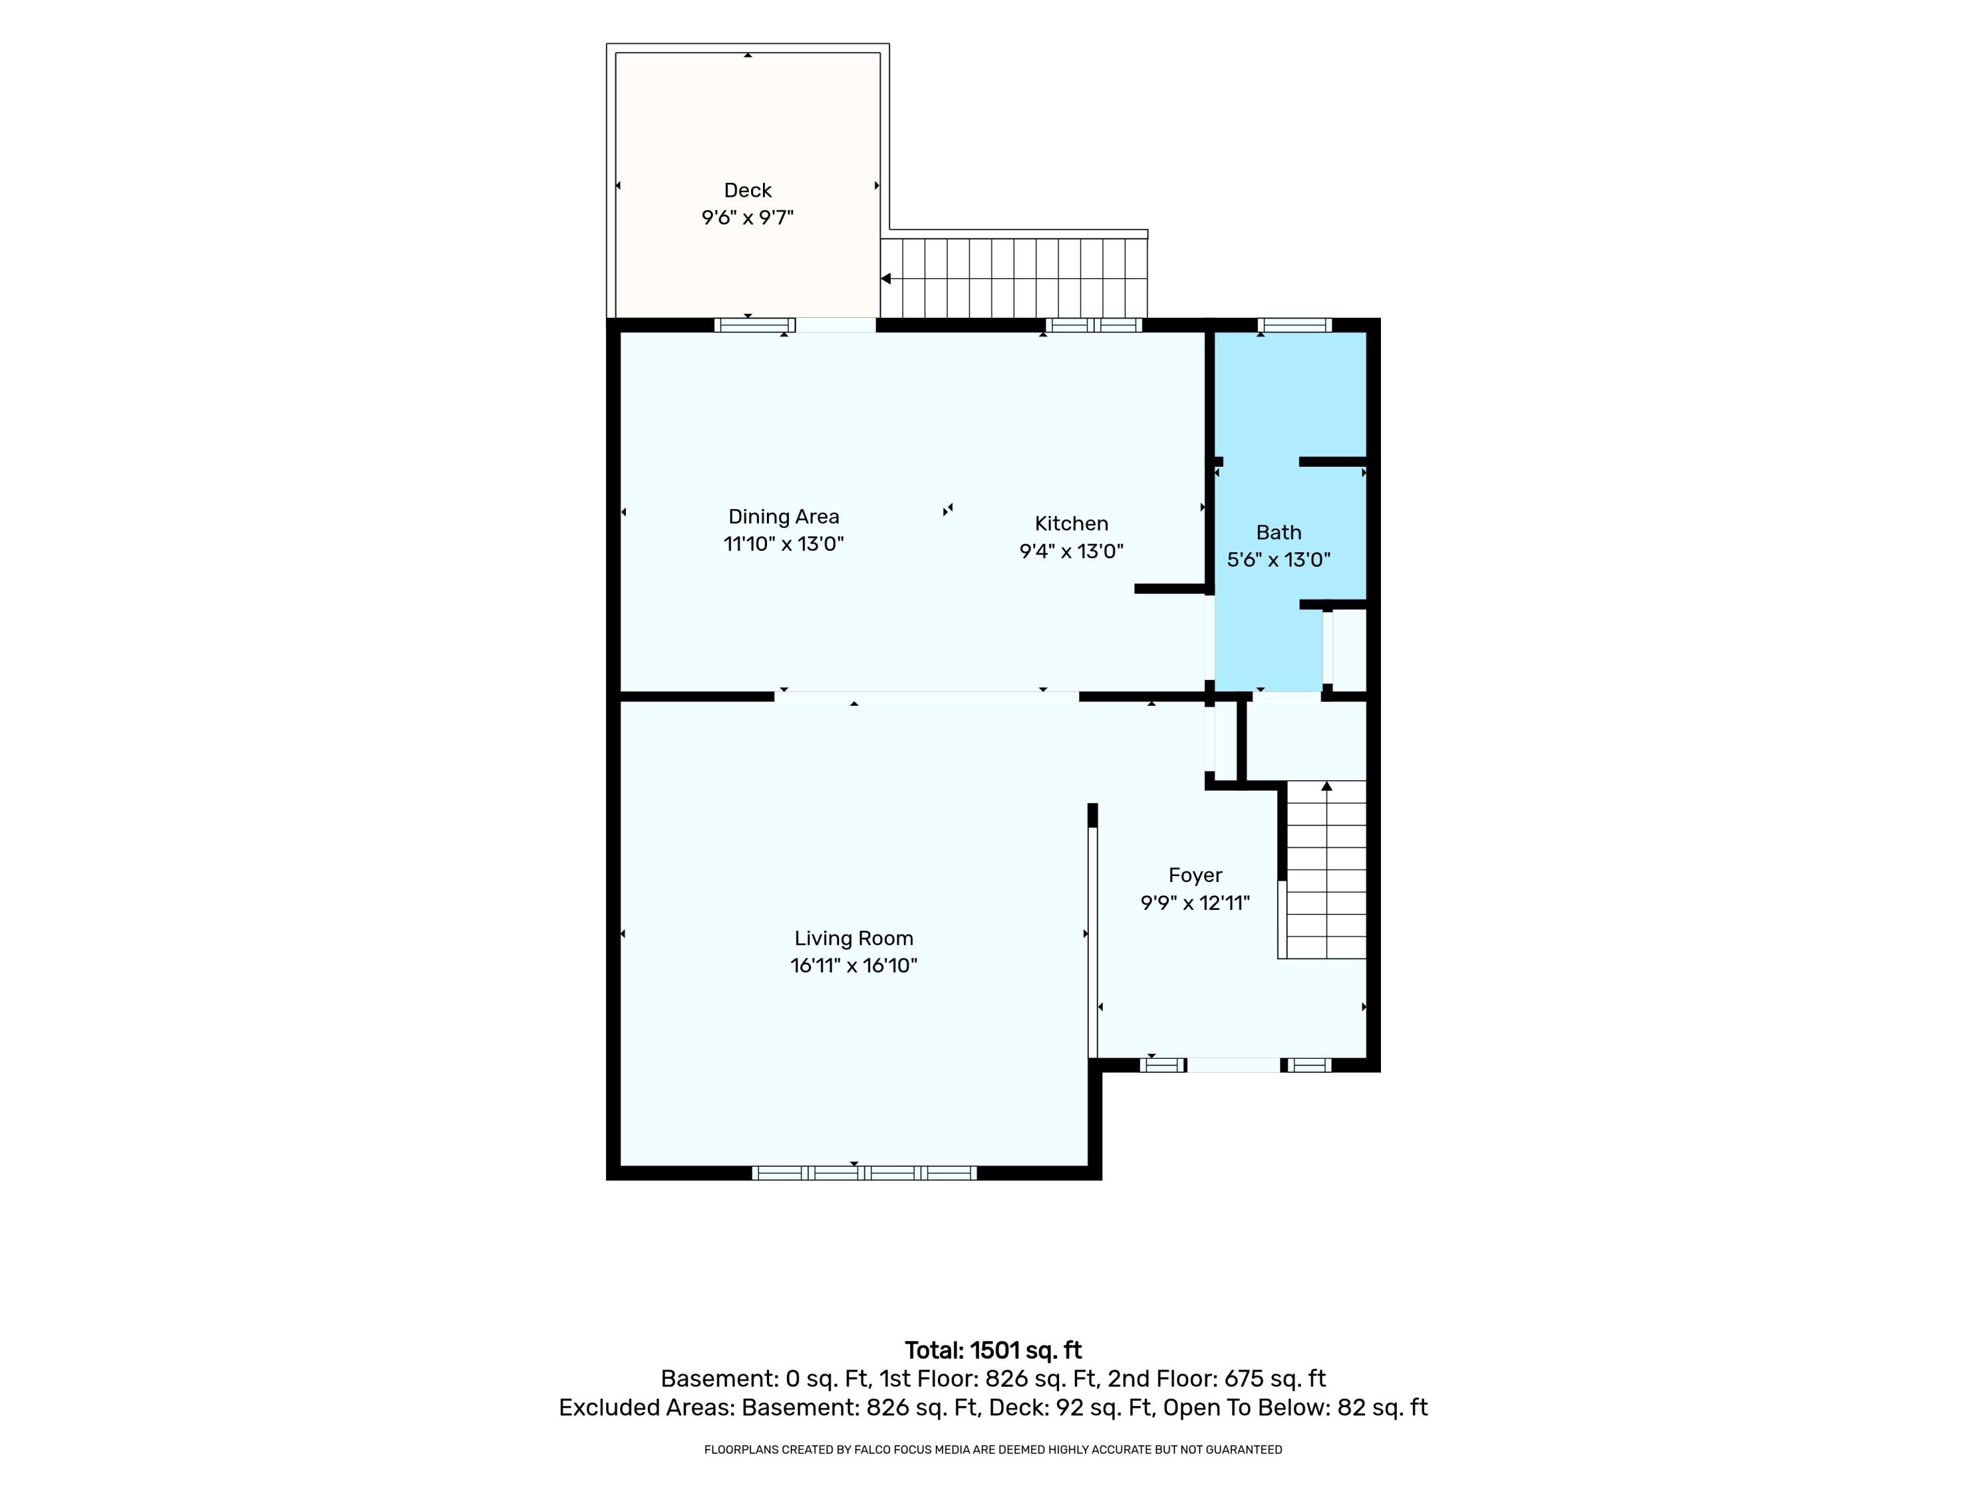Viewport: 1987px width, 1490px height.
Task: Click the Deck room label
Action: [747, 191]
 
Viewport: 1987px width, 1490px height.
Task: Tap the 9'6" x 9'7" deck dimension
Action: [747, 217]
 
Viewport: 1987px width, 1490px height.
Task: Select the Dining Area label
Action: [784, 517]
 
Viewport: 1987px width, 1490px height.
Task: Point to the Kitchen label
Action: [1071, 524]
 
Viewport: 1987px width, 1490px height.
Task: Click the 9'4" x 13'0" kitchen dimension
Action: [1071, 550]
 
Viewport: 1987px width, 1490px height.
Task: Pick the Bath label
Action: [1278, 532]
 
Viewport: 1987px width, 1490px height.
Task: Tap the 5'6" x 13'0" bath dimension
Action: [1278, 560]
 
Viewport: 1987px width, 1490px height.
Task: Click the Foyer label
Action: [1195, 875]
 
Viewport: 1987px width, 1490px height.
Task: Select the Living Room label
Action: [853, 938]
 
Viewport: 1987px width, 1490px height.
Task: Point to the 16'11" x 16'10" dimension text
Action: [853, 966]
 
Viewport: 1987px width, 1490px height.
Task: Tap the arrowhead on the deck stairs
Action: [886, 278]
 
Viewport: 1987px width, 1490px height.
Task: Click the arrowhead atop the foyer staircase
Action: [1327, 786]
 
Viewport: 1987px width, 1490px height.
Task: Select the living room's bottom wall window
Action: [864, 1172]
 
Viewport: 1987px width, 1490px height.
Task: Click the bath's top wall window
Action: [1294, 325]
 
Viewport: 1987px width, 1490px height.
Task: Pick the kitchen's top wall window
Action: [1094, 325]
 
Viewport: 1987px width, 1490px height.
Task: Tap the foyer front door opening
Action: [1233, 1065]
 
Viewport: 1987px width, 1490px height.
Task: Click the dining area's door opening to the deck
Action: [835, 325]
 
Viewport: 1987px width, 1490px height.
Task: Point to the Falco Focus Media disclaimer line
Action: [993, 1450]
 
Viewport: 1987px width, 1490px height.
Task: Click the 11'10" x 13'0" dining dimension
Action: [784, 544]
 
